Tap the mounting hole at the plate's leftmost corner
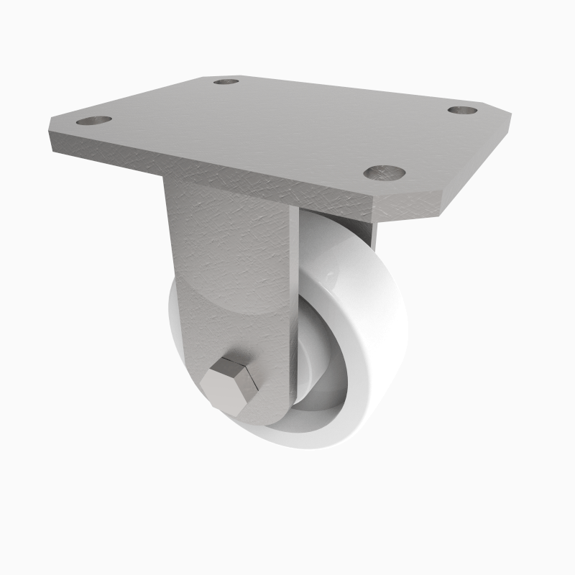tap(93, 121)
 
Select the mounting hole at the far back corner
tap(226, 81)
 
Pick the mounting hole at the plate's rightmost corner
tap(463, 110)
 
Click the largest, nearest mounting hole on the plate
tap(384, 172)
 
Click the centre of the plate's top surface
tap(280, 126)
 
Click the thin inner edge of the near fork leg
tap(293, 302)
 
